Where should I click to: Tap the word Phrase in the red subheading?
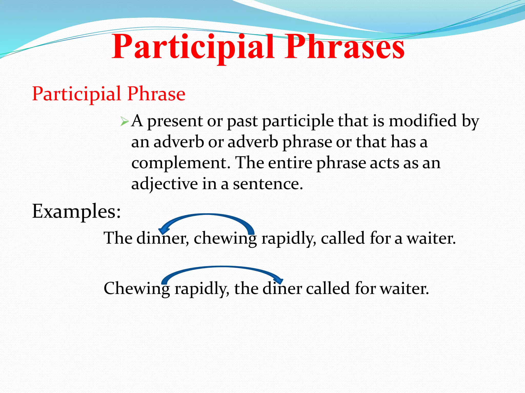(x=156, y=94)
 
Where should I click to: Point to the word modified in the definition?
(x=423, y=121)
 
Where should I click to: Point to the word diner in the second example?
(x=282, y=289)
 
